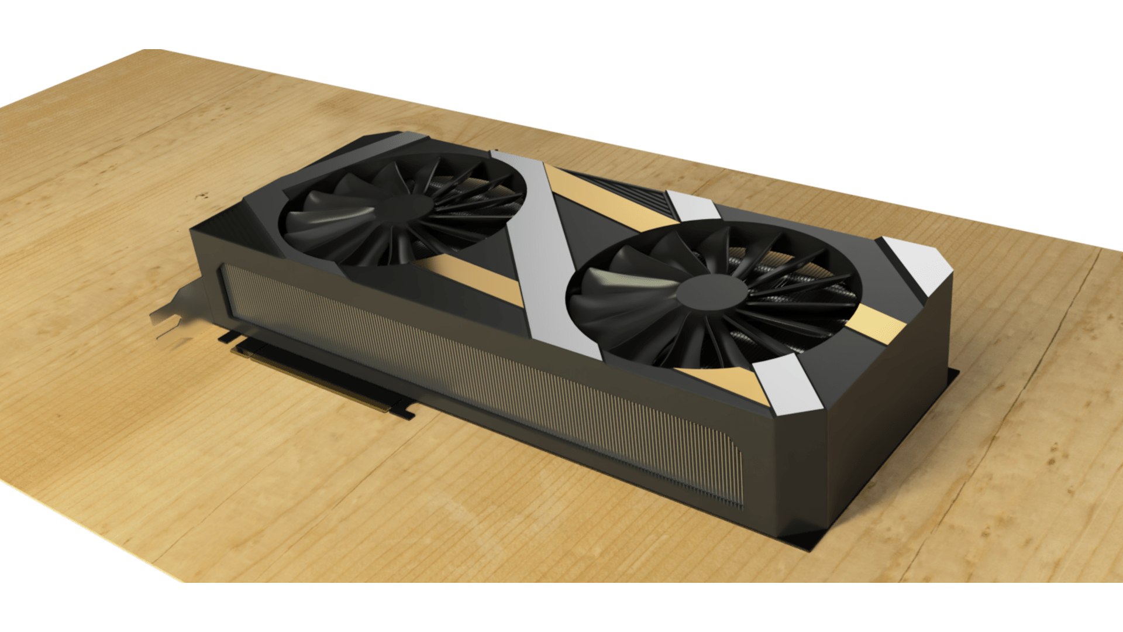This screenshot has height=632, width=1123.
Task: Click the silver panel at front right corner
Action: (x=790, y=386)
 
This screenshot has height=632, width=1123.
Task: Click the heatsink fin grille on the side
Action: (x=480, y=380)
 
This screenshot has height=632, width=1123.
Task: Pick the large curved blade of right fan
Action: (x=620, y=298)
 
